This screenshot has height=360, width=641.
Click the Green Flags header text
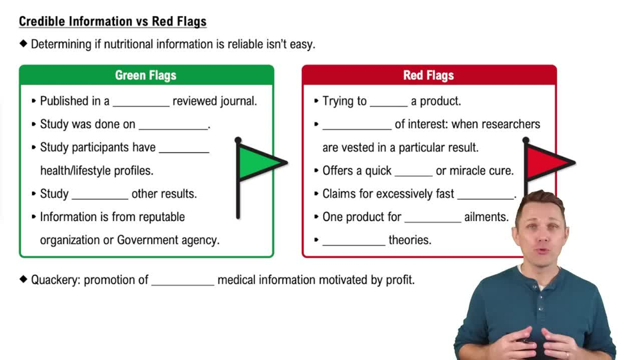[146, 76]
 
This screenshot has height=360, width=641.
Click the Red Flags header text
[428, 76]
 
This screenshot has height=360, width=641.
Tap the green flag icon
[259, 162]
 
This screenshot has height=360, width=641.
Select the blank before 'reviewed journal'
[140, 102]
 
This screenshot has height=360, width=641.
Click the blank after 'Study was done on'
[174, 125]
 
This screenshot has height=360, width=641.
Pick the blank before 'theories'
[353, 241]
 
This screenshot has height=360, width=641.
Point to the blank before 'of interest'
[356, 125]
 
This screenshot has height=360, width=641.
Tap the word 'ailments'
[487, 217]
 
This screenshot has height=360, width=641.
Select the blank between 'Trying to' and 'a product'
[388, 102]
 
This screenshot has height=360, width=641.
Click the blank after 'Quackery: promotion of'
[183, 281]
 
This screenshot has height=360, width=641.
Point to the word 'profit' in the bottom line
[399, 280]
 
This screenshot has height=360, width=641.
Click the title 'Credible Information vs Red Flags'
[113, 22]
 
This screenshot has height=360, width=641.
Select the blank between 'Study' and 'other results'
[100, 194]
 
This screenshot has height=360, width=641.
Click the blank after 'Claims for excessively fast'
[486, 194]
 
